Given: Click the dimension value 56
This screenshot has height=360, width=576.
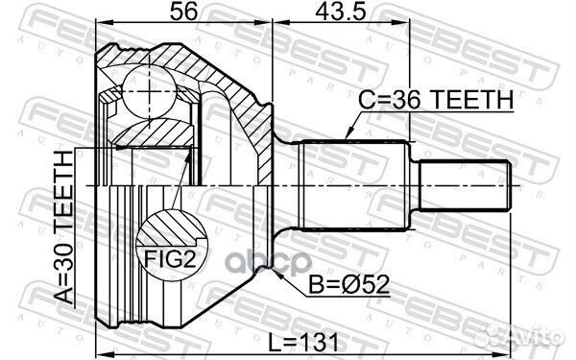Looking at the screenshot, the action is point(183,12).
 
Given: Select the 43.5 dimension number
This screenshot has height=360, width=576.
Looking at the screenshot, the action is point(341,12).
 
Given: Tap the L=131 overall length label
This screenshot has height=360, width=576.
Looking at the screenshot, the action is point(303,343).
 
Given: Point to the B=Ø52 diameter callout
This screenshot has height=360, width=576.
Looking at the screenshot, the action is point(348,285).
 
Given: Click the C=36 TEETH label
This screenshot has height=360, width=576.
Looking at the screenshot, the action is point(436,100).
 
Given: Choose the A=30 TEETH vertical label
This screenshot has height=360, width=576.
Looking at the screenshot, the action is point(64,228).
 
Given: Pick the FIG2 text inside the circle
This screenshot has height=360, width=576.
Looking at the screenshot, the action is point(170,259).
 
